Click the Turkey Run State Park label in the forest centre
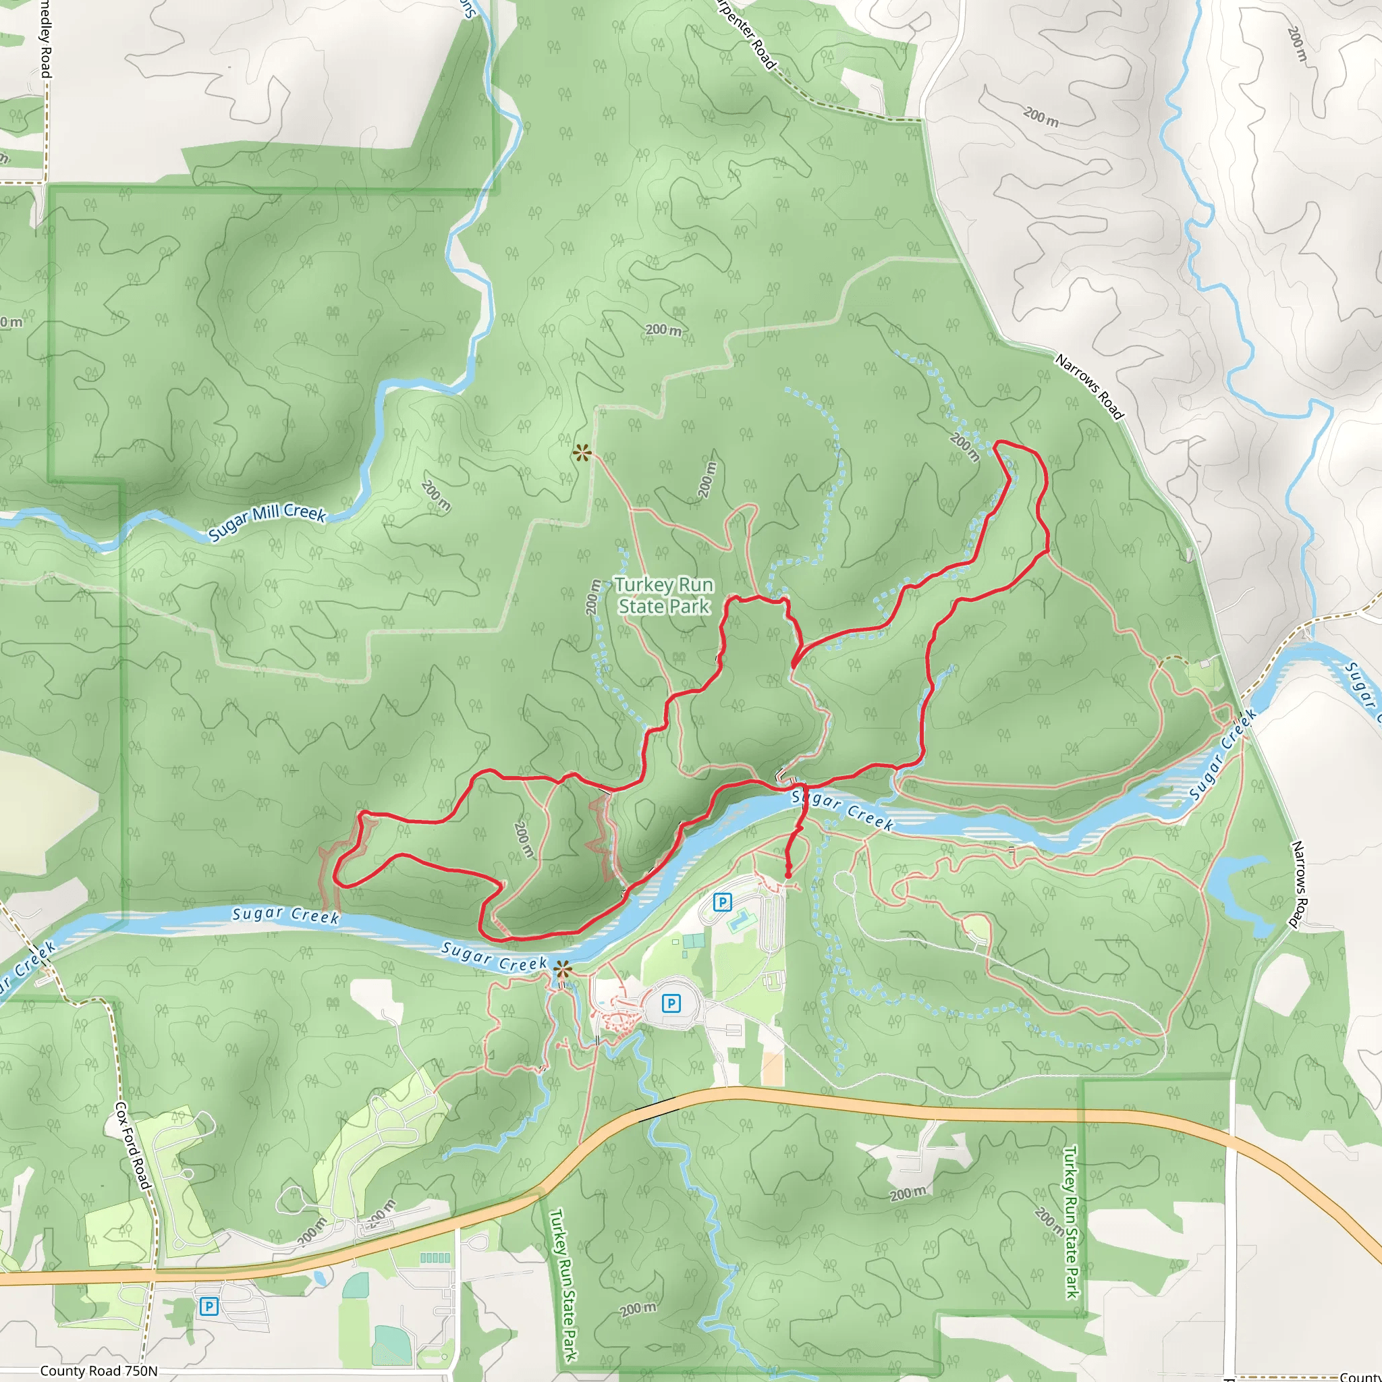664,595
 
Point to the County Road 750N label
98,1371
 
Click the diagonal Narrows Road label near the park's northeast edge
1088,386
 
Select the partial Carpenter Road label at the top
746,34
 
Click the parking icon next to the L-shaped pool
723,902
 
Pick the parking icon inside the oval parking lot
670,1003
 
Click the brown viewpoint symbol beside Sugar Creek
563,970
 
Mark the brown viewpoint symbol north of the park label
582,453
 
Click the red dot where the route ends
787,875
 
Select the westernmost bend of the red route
335,879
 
